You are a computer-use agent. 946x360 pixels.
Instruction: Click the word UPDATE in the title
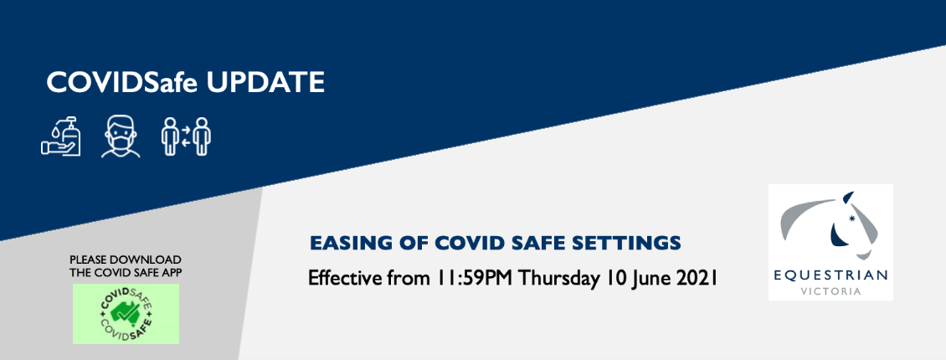(x=265, y=83)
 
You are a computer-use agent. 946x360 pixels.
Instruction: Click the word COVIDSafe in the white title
(x=122, y=83)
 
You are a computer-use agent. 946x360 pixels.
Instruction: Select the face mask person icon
(x=121, y=137)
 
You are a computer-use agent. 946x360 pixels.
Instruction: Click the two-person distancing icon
(x=186, y=136)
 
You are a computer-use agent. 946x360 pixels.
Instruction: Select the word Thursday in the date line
(x=557, y=279)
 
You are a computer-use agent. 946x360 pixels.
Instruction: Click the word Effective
(x=344, y=279)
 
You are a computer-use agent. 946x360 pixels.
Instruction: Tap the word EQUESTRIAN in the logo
(x=831, y=275)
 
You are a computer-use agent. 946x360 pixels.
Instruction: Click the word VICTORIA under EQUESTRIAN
(x=831, y=292)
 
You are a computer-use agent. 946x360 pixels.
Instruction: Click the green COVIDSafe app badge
(x=126, y=314)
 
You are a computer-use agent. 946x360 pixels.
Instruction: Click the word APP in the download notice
(x=172, y=272)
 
